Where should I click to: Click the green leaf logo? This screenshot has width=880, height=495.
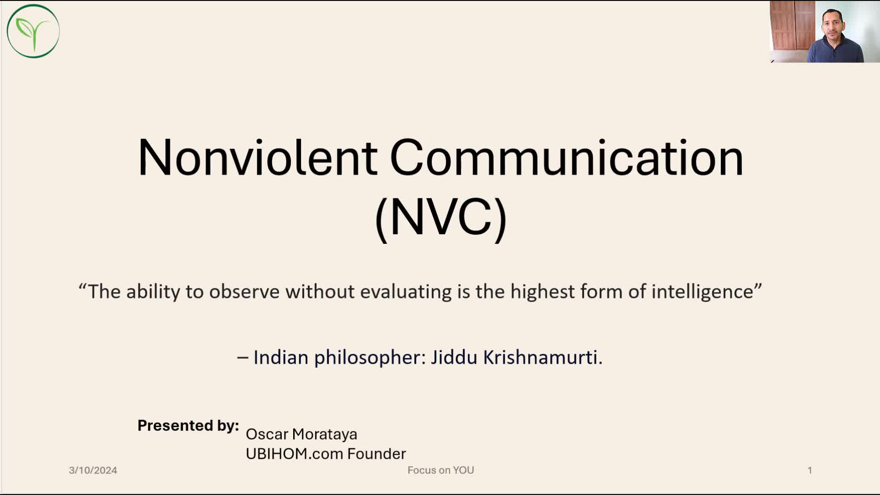click(x=33, y=31)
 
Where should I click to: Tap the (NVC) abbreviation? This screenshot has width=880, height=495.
click(x=440, y=218)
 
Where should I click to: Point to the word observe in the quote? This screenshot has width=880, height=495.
click(x=244, y=291)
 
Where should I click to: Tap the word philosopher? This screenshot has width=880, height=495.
click(x=370, y=357)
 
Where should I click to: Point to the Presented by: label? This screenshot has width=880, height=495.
click(x=188, y=426)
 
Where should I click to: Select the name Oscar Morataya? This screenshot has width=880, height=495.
click(x=301, y=434)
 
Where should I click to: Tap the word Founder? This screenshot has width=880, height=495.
click(x=377, y=454)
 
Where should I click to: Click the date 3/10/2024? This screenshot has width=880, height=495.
click(x=93, y=470)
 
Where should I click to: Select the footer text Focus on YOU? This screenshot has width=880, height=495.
click(x=440, y=470)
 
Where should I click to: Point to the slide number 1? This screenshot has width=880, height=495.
click(x=810, y=470)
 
